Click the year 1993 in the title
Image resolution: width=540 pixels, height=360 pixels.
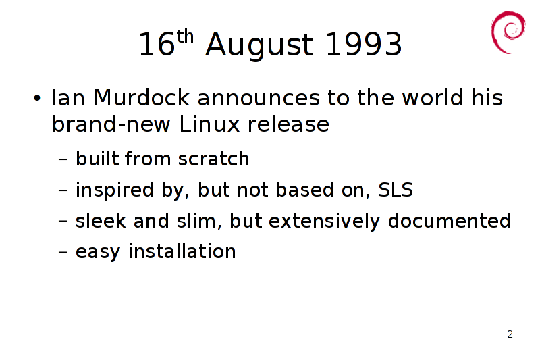pos(364,44)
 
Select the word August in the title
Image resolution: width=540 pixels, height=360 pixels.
pos(260,46)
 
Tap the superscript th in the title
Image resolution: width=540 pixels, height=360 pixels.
pos(185,36)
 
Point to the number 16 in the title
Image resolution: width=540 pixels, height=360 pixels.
pos(157,44)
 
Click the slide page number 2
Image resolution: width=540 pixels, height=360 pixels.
pos(510,334)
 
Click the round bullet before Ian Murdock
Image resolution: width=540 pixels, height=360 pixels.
pos(37,99)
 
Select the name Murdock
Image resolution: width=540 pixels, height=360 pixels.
pos(142,97)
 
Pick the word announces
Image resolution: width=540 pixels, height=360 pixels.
pos(259,98)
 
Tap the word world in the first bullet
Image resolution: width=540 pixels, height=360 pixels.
pos(433,97)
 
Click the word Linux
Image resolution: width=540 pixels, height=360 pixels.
pos(209,124)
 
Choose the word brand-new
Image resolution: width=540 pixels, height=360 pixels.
pos(111,124)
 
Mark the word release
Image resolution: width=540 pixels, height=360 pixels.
pos(289,124)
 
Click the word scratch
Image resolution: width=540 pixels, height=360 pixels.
pos(213,159)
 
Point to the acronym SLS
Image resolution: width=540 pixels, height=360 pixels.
pos(396,190)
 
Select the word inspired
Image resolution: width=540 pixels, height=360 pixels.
pos(114,190)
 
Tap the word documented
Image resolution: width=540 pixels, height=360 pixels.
pos(449,221)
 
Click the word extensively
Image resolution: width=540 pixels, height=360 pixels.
pos(324,222)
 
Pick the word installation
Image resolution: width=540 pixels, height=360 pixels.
pos(182,251)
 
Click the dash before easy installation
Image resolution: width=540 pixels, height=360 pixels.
pos(63,251)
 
